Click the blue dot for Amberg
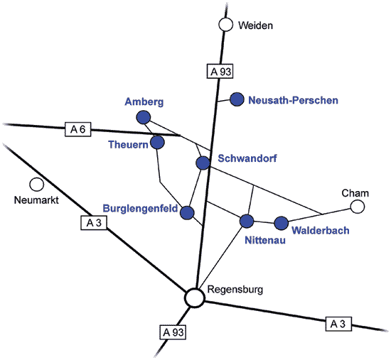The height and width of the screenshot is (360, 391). [144, 117]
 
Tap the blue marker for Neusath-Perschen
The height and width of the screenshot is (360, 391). [237, 99]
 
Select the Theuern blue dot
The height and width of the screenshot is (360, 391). [157, 142]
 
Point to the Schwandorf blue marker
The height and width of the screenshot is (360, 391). [203, 163]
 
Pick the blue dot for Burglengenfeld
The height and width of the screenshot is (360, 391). [187, 212]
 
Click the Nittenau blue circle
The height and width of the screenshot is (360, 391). [247, 221]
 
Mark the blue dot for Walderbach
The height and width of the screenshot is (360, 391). [282, 223]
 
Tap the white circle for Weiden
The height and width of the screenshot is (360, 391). [225, 25]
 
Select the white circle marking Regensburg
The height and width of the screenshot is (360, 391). [195, 298]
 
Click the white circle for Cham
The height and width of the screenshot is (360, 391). [358, 207]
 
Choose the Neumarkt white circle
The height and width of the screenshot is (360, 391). [37, 185]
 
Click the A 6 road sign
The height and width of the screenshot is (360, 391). [77, 129]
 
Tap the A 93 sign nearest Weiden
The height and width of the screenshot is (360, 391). [220, 71]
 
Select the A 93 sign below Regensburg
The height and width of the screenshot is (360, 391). [173, 332]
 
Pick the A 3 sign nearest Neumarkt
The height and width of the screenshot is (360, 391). [94, 222]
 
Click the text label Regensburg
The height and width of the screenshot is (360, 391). [235, 290]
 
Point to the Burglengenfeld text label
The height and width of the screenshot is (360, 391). [140, 208]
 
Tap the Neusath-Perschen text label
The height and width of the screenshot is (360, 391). [293, 100]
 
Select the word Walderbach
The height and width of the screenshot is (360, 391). [321, 231]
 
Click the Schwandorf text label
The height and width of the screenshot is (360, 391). [247, 158]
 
